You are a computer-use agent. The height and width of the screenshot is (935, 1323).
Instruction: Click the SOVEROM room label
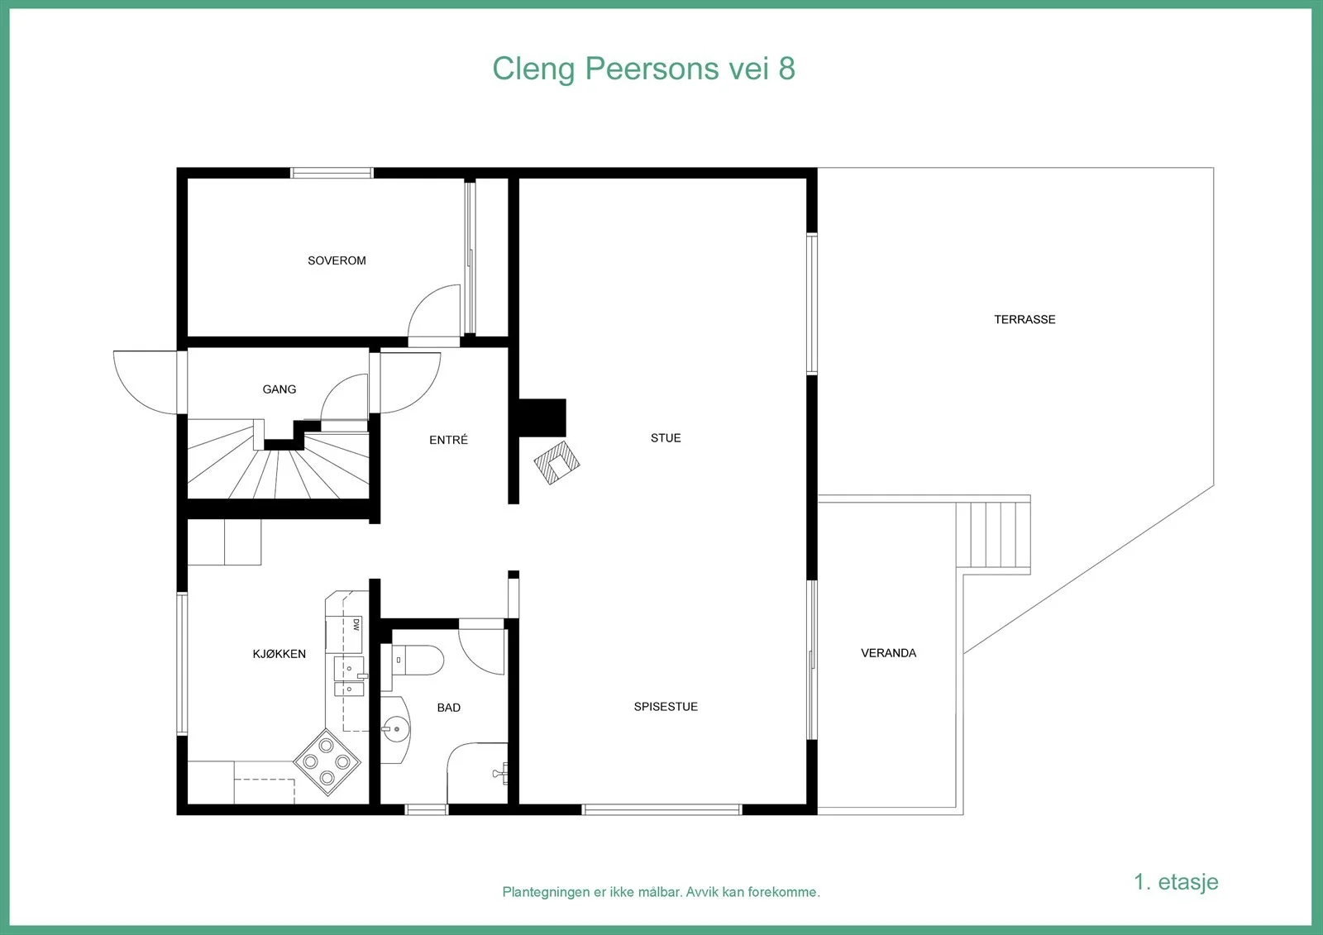(x=337, y=260)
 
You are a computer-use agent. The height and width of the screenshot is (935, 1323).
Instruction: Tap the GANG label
(x=279, y=389)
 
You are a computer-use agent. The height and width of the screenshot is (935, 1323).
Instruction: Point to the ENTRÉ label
(x=448, y=440)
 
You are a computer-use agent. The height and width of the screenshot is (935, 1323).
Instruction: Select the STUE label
(x=666, y=437)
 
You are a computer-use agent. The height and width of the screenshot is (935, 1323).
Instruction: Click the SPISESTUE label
(x=666, y=707)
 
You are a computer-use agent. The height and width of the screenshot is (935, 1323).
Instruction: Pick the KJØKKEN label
(x=279, y=654)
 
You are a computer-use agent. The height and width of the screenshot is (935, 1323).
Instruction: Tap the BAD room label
(x=449, y=708)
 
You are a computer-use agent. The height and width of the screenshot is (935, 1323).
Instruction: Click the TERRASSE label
(x=1024, y=320)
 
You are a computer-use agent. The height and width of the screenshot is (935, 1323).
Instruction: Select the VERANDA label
(x=888, y=652)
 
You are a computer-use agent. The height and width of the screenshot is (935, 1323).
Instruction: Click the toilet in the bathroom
(x=417, y=661)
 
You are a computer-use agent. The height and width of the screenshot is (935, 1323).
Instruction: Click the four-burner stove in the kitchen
(x=327, y=762)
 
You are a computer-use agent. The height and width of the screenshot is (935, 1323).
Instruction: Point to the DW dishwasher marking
(x=356, y=625)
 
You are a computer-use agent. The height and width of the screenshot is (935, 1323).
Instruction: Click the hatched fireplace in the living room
(x=557, y=462)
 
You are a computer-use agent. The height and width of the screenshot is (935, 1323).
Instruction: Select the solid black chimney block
(x=542, y=417)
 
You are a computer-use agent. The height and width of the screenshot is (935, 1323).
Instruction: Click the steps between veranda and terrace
(x=993, y=535)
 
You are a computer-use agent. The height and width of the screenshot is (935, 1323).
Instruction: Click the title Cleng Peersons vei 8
(x=644, y=69)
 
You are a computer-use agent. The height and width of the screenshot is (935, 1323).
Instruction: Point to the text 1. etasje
(x=1176, y=882)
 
